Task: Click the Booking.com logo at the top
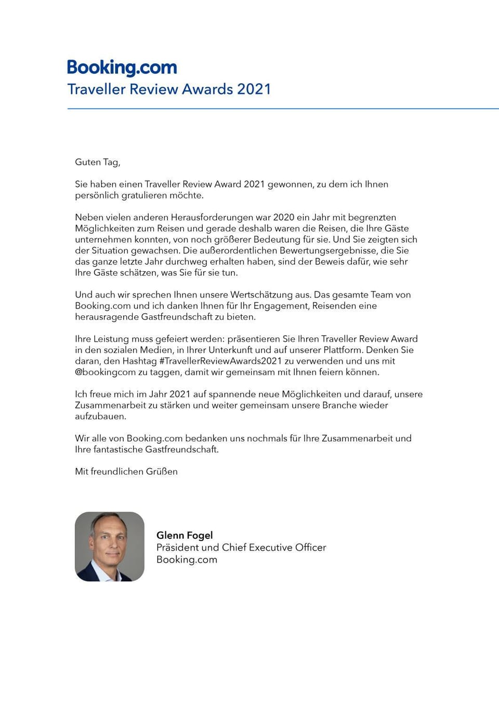[122, 68]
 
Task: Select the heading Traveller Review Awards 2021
[169, 89]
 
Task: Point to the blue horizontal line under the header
[283, 109]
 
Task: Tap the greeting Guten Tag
[97, 162]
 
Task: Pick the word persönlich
[97, 196]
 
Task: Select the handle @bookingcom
[105, 373]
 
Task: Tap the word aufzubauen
[100, 417]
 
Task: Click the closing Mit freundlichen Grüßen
[126, 472]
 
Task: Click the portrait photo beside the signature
[110, 547]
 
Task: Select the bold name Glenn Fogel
[185, 535]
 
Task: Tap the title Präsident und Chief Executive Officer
[241, 548]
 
